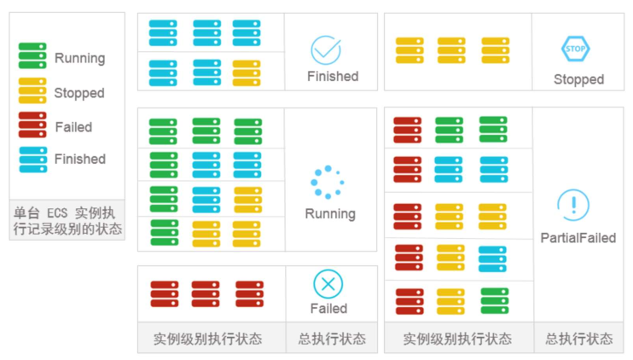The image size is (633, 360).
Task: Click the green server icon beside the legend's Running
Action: click(x=32, y=56)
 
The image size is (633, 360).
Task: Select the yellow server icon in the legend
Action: click(x=32, y=90)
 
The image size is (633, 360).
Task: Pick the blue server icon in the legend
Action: click(x=32, y=159)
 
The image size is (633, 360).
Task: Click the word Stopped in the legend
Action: click(x=79, y=93)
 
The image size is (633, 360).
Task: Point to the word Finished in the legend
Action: click(x=80, y=160)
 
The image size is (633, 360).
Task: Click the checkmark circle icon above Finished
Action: click(x=325, y=50)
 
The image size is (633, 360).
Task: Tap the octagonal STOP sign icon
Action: click(x=576, y=49)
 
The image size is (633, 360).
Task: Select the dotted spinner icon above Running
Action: click(x=327, y=182)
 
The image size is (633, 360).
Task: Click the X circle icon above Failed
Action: click(x=327, y=283)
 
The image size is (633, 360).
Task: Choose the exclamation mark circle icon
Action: click(x=573, y=206)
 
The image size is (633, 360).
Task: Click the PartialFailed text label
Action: click(x=578, y=238)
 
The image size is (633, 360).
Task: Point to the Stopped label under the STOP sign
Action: click(x=578, y=79)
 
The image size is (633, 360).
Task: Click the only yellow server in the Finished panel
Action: click(x=247, y=73)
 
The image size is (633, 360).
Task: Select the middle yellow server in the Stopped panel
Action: click(x=451, y=50)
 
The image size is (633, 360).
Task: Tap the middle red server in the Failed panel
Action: click(x=205, y=293)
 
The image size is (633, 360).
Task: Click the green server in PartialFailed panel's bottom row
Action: click(x=494, y=300)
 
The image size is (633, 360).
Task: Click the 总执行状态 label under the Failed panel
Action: click(x=331, y=339)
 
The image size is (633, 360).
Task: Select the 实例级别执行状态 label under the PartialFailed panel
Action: click(x=457, y=339)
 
